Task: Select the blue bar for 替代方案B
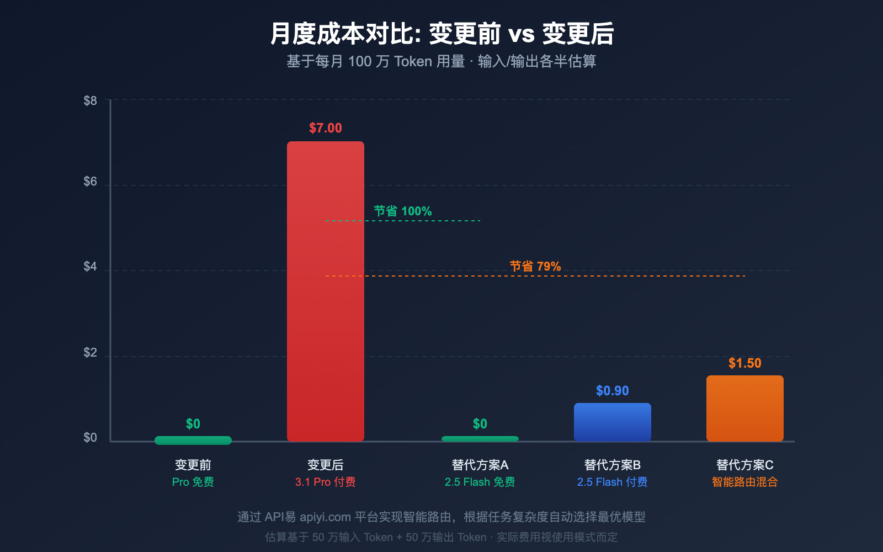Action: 613,422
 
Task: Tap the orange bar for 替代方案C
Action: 745,408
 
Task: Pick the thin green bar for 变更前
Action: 193,440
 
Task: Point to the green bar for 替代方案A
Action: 480,439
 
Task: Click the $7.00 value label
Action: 326,128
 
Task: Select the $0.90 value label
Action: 613,391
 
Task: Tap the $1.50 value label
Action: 745,363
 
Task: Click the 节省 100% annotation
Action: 403,211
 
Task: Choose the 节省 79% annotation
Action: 535,266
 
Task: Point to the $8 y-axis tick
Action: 90,100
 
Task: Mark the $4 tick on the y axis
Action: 90,267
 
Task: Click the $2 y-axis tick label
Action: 90,353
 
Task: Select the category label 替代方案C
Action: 745,465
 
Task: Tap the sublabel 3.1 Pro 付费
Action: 326,482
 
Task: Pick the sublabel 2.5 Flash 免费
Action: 480,482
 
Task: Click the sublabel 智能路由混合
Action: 745,482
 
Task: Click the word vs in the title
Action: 522,34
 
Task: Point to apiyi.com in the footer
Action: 325,517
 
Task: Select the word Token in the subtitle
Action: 413,61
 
